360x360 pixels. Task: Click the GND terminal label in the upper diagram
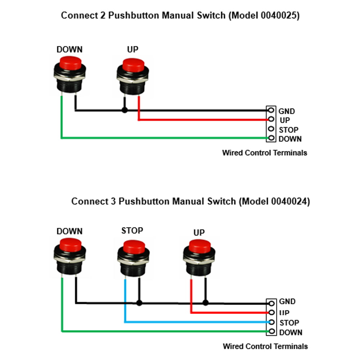pyautogui.click(x=287, y=111)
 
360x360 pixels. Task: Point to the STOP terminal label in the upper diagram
pyautogui.click(x=288, y=130)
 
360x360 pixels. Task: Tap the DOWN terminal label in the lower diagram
pyautogui.click(x=291, y=333)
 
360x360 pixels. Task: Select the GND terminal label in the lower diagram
pyautogui.click(x=287, y=302)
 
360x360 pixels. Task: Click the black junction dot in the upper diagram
pyautogui.click(x=125, y=111)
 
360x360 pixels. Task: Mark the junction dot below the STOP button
pyautogui.click(x=139, y=303)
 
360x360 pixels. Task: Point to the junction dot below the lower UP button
pyautogui.click(x=206, y=303)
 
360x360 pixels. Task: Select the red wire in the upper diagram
pyautogui.click(x=202, y=120)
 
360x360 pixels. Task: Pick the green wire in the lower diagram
pyautogui.click(x=162, y=331)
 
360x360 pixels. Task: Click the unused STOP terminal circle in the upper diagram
pyautogui.click(x=271, y=129)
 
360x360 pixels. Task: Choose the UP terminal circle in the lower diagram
pyautogui.click(x=271, y=312)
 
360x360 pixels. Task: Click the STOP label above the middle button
pyautogui.click(x=132, y=230)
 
